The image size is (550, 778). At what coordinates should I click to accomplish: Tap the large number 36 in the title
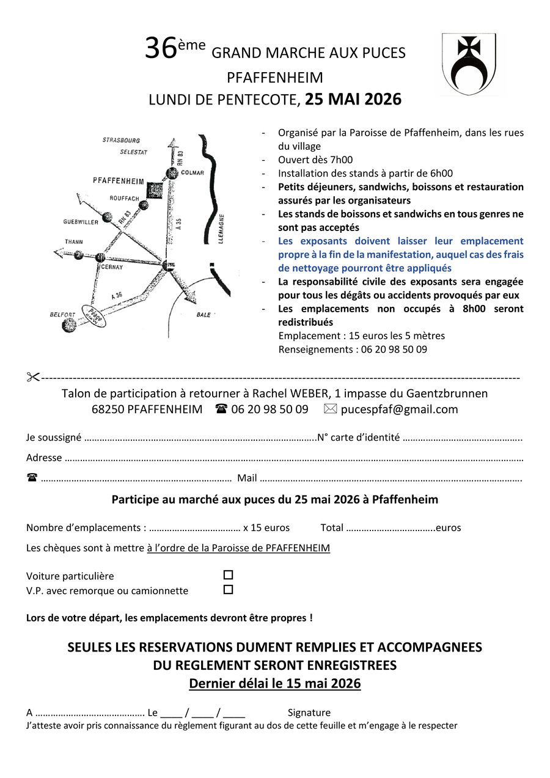point(161,50)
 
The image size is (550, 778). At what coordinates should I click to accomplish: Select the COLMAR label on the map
point(193,173)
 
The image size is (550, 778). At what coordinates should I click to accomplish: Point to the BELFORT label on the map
point(63,315)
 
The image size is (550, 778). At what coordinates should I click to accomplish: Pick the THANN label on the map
point(73,242)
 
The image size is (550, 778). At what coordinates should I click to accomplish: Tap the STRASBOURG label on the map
point(122,141)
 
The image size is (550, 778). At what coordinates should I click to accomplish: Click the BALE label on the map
point(204,315)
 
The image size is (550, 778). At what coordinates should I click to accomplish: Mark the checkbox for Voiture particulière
point(228,575)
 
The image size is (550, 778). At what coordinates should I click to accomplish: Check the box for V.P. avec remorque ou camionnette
point(228,590)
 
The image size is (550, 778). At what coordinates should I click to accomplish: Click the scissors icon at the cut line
point(33,377)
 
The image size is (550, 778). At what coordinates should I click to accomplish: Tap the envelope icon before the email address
point(330,409)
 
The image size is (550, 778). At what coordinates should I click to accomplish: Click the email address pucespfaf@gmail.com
point(399,409)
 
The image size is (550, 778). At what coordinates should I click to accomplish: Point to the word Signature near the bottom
point(309,713)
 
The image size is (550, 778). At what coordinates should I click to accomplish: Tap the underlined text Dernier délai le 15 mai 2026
point(274,683)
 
